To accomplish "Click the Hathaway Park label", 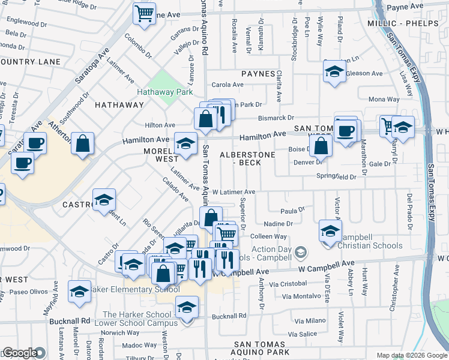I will click(164, 92).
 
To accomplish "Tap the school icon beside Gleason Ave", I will click(334, 73).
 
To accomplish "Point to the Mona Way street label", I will click(384, 99).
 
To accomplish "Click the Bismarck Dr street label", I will click(276, 118).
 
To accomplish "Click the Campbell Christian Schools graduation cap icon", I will click(330, 232).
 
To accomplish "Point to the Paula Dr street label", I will click(293, 211).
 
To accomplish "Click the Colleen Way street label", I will click(272, 236).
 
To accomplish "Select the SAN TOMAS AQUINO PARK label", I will click(253, 352).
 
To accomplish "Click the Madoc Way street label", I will click(139, 345).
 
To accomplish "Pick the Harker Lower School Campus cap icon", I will click(187, 308).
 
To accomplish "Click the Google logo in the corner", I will click(20, 353).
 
